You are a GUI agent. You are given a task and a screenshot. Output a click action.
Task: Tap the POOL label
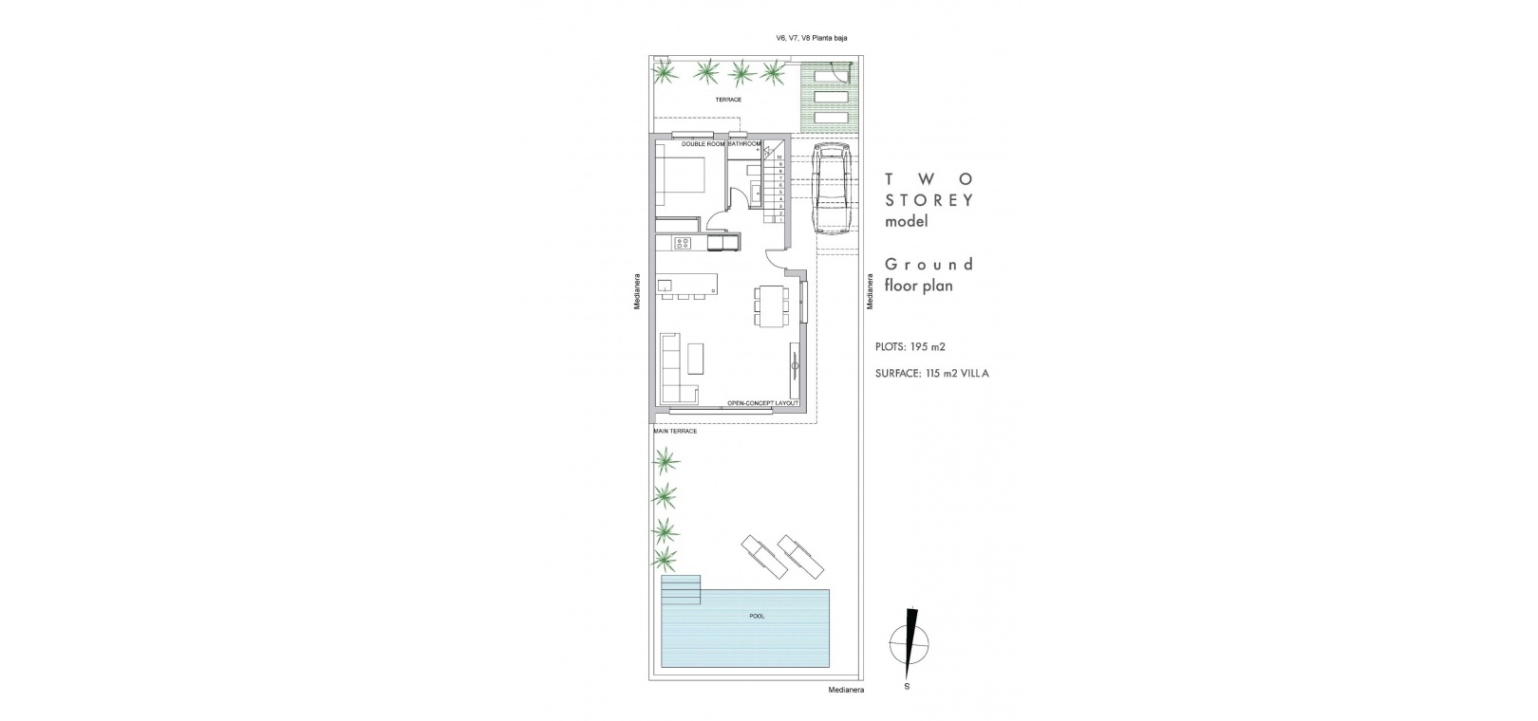[757, 616]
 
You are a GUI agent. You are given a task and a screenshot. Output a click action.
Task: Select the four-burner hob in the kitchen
[202, 242]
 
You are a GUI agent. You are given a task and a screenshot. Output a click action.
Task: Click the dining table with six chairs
[770, 306]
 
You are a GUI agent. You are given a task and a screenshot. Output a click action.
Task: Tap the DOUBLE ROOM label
[703, 144]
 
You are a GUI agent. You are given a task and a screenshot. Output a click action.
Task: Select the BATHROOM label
[744, 144]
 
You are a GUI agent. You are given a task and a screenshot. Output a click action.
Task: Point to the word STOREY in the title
[929, 200]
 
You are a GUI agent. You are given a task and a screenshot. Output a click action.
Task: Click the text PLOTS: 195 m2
[910, 347]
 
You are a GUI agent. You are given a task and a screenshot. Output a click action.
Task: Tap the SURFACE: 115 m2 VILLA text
[932, 374]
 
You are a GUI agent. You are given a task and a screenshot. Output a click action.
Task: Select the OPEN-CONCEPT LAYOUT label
[762, 403]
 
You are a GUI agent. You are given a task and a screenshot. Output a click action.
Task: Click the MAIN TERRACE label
[675, 432]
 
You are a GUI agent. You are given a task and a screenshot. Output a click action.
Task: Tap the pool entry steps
[681, 590]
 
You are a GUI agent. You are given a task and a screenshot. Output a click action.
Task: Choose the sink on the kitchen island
[183, 285]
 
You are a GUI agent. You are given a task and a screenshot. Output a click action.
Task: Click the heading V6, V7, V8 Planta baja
[811, 38]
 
